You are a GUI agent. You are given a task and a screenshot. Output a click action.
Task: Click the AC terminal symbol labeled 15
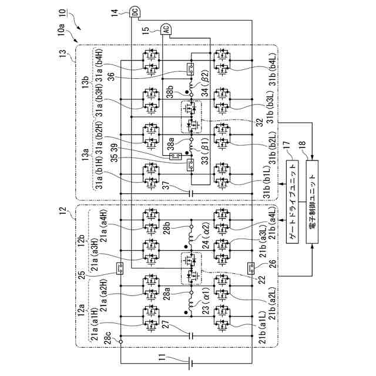tap(166, 29)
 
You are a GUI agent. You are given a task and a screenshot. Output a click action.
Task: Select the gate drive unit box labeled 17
tap(293, 203)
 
